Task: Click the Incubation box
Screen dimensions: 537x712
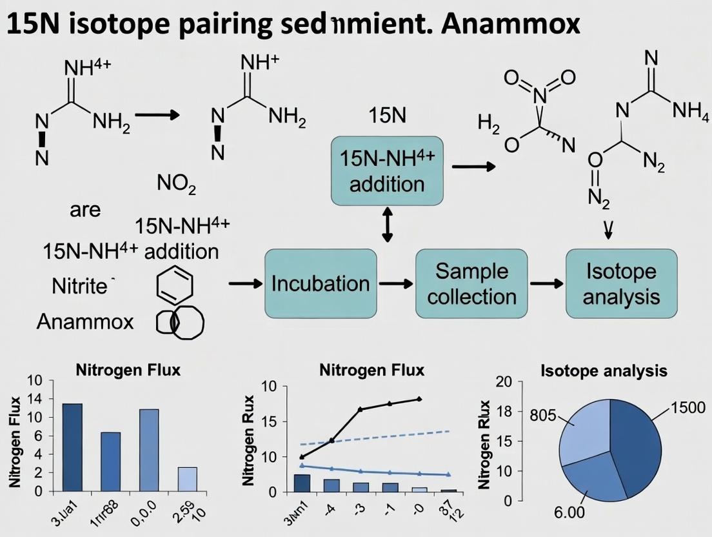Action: pyautogui.click(x=321, y=283)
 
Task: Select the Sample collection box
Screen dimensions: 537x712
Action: pyautogui.click(x=471, y=283)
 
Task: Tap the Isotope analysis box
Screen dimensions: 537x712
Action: pyautogui.click(x=621, y=283)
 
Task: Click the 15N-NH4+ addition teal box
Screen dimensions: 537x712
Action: pyautogui.click(x=387, y=170)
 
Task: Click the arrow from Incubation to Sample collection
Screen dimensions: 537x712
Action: pyautogui.click(x=395, y=283)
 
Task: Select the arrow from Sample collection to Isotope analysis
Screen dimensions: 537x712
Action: pyautogui.click(x=546, y=283)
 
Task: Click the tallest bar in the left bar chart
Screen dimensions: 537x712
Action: pyautogui.click(x=72, y=447)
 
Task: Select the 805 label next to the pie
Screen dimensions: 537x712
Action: pyautogui.click(x=548, y=415)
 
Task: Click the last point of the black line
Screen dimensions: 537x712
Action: pyautogui.click(x=420, y=399)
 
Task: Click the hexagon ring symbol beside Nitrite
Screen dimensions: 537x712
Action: pyautogui.click(x=174, y=284)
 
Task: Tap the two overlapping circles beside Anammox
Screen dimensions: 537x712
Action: pyautogui.click(x=180, y=321)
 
